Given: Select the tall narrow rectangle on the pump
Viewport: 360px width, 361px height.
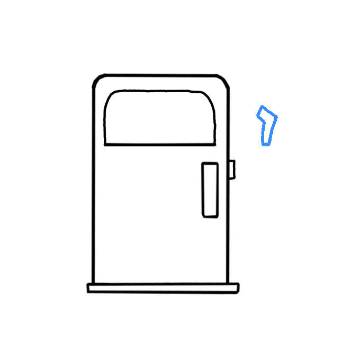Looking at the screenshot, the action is coord(210,189).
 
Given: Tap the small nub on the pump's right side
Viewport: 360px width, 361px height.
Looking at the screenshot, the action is coord(232,169).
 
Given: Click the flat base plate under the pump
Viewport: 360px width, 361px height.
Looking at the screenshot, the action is coord(163,288).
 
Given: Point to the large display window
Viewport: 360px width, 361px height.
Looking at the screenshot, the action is coord(160,118).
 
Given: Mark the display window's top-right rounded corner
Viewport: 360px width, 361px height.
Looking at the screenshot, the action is coord(211,98).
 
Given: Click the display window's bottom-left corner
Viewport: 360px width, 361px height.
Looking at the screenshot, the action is coord(104,144).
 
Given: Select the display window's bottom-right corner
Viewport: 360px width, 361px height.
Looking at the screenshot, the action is coord(216,144).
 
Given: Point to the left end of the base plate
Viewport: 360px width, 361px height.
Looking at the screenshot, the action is coord(88,288).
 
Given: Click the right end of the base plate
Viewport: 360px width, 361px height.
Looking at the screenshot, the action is coord(238,288).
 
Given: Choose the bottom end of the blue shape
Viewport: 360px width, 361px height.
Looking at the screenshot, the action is coord(266,144).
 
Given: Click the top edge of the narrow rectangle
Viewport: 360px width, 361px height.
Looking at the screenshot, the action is coord(210,162).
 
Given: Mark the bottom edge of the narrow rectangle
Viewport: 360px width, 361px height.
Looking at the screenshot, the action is coord(210,216).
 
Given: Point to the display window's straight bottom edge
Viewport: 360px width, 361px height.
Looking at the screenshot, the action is coord(160,144).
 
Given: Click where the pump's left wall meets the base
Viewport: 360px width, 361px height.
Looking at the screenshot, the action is coord(94,283).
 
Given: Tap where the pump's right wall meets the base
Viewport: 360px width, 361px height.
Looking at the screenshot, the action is coord(228,283).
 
